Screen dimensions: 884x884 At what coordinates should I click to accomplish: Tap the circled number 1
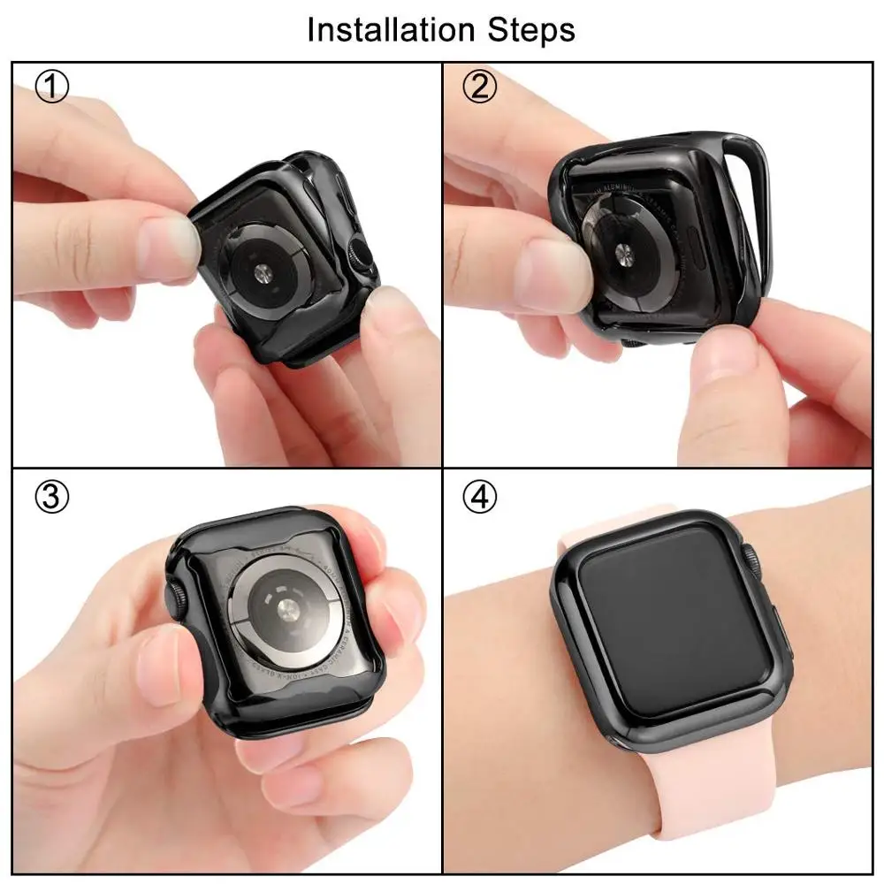click(x=50, y=88)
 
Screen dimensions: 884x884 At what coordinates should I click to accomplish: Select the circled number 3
click(x=50, y=498)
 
